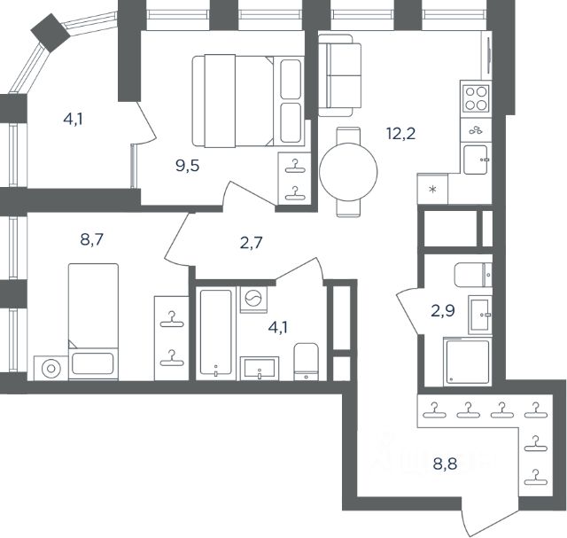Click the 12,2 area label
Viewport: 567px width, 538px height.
(x=401, y=134)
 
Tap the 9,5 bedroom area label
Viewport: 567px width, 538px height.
(x=187, y=166)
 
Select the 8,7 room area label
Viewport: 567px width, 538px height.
(x=92, y=239)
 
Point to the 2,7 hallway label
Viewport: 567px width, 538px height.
(x=251, y=243)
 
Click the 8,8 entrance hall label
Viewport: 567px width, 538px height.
(x=445, y=464)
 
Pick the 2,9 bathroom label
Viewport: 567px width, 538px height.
(x=443, y=311)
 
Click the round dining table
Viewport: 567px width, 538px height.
(x=348, y=172)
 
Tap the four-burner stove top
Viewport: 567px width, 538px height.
(x=477, y=98)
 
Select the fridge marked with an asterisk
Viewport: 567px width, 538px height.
(x=432, y=189)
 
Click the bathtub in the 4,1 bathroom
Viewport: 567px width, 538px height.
(x=215, y=333)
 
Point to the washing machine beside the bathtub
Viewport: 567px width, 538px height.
(x=254, y=300)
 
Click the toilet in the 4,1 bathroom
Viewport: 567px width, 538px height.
(x=307, y=362)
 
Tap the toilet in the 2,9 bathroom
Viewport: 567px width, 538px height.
(x=473, y=275)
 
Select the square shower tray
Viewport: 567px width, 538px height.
(x=468, y=362)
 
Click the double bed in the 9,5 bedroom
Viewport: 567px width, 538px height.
(x=248, y=101)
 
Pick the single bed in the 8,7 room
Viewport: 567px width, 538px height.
(x=93, y=321)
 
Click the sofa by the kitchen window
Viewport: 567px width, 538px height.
(x=340, y=75)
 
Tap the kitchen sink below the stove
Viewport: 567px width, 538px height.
(x=476, y=160)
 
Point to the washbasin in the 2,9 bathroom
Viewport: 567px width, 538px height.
(x=480, y=315)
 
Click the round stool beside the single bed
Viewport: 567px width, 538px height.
(x=51, y=369)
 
